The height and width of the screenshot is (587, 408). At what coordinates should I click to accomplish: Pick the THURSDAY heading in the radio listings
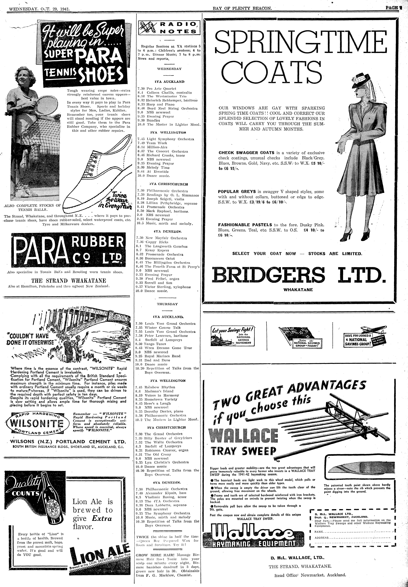pos(167,304)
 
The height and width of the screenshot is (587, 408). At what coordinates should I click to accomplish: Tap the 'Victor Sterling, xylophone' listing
pos(167,287)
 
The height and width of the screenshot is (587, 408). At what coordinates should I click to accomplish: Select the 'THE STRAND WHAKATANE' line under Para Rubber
pos(68,280)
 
